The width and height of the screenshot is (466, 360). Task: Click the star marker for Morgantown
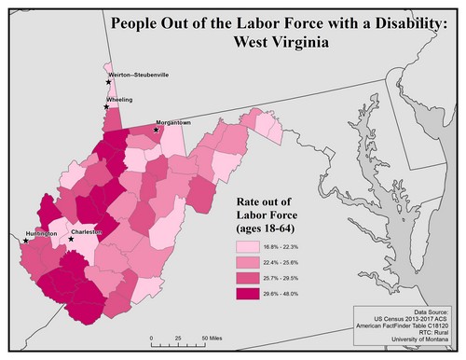157,130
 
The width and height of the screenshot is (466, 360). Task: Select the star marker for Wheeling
105,108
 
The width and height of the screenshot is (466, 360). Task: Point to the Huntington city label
40,233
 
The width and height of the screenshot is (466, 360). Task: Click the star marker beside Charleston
72,239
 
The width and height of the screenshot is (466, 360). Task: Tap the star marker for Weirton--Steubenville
108,82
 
